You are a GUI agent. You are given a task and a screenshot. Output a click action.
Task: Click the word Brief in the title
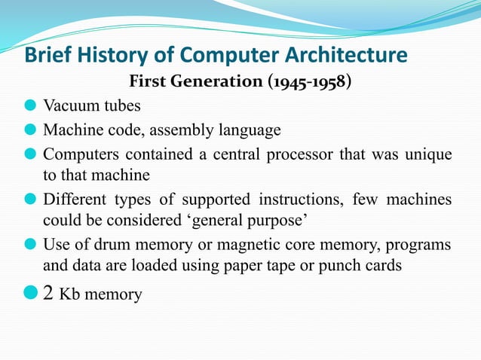coord(47,56)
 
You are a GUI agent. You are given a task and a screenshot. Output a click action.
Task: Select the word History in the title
coord(109,56)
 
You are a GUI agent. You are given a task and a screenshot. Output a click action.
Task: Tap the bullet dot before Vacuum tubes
coord(31,106)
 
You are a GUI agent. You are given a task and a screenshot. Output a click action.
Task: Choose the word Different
coord(75,200)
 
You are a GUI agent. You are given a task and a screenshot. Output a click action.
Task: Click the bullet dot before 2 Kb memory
coord(31,292)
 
